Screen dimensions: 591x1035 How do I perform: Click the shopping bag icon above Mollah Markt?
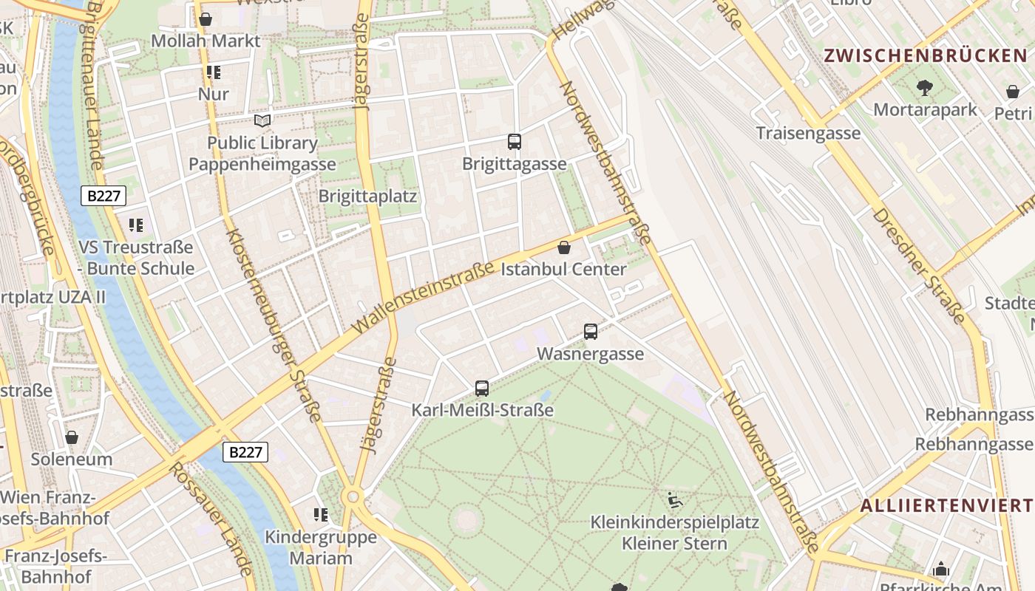[x=206, y=19]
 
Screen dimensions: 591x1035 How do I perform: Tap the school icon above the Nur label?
[x=214, y=72]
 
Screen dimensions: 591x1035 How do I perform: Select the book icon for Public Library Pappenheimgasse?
[x=262, y=120]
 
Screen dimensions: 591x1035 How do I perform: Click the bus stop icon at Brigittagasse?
[x=515, y=142]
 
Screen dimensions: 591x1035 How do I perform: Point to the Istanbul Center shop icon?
[x=564, y=247]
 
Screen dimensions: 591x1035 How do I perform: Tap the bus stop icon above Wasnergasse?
[x=590, y=332]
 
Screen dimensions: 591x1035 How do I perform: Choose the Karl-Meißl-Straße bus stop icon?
[x=482, y=388]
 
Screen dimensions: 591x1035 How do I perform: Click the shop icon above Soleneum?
[x=72, y=437]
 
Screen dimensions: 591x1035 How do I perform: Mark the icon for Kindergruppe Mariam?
[x=320, y=514]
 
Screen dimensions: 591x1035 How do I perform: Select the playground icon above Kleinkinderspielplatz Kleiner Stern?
[x=674, y=501]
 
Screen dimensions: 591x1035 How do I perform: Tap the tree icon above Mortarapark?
[x=924, y=88]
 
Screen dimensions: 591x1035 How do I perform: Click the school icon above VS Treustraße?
[x=135, y=225]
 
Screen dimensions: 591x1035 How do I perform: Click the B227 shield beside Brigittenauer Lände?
[x=103, y=196]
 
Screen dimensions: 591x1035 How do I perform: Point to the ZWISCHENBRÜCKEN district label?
[x=925, y=55]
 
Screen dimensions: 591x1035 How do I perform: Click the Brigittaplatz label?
[x=367, y=197]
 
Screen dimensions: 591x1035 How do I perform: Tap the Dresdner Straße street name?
[x=920, y=266]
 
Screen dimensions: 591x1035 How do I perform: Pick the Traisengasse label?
[x=808, y=133]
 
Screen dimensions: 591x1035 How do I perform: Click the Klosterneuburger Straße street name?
[x=273, y=325]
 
